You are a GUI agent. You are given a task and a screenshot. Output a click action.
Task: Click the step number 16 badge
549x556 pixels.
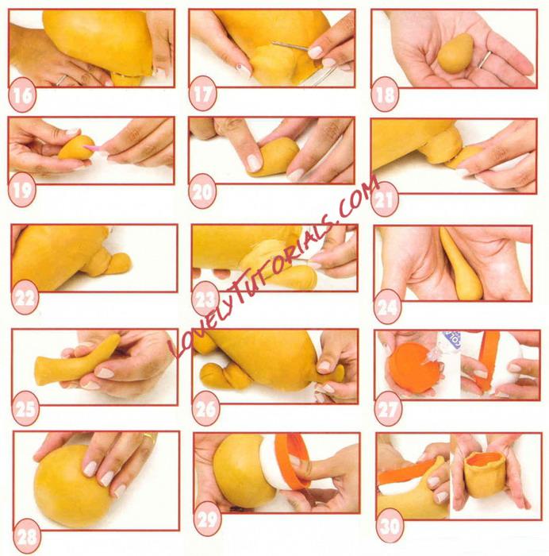coord(22,95)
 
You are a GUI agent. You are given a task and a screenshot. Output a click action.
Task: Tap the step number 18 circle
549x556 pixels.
coord(385,95)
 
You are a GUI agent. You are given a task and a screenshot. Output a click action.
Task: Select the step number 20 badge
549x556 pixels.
coord(202,191)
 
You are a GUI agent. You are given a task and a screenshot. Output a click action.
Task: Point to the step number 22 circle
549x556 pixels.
coord(25,297)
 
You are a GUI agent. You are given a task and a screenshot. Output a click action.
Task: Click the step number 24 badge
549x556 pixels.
coord(387,307)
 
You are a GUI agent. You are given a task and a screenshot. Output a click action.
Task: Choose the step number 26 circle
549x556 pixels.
coord(205,409)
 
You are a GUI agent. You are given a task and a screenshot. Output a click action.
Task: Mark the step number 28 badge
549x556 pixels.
coord(27,536)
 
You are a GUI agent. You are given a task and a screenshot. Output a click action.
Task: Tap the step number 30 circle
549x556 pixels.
coord(390,526)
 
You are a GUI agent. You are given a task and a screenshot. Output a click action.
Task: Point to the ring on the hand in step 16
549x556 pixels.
coord(61,79)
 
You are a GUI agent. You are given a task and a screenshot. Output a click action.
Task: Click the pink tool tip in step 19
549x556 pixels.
coord(90,147)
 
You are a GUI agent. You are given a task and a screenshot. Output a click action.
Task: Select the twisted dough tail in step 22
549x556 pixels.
coord(106,263)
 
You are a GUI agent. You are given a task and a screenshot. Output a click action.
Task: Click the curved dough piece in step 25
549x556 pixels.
coord(78,361)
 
